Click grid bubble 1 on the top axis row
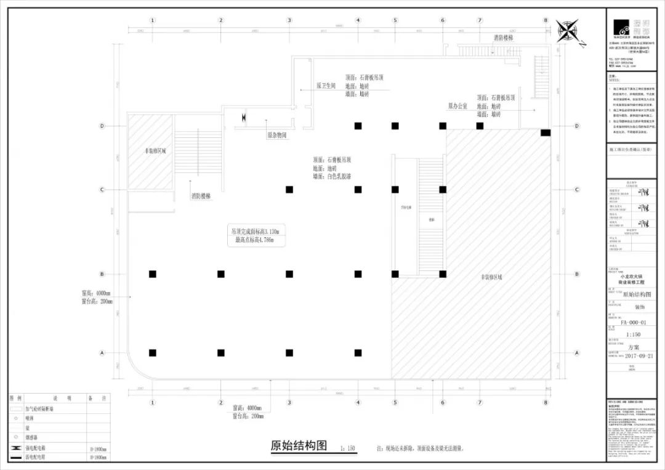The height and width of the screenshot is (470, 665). point(152,20)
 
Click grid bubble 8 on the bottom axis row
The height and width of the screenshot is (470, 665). point(545,402)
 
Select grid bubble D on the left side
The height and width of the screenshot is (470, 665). point(102,126)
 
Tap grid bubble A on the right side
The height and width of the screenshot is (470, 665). point(577,353)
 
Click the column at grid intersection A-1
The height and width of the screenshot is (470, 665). point(152,353)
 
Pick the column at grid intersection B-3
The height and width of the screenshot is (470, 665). point(289,273)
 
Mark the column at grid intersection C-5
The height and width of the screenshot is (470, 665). point(395,189)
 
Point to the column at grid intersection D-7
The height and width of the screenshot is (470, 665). point(480,126)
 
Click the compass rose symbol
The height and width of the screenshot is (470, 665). point(567,31)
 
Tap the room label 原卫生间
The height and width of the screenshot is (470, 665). point(326,86)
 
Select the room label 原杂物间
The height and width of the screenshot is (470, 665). point(276,134)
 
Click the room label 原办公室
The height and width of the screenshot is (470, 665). point(457,107)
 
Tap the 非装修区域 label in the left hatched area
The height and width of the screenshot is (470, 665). point(155,150)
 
